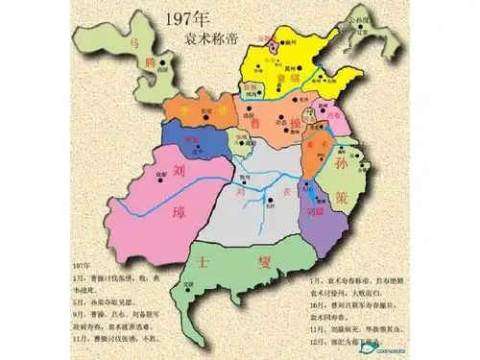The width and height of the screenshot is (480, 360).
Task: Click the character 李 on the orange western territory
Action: coord(185,108)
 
